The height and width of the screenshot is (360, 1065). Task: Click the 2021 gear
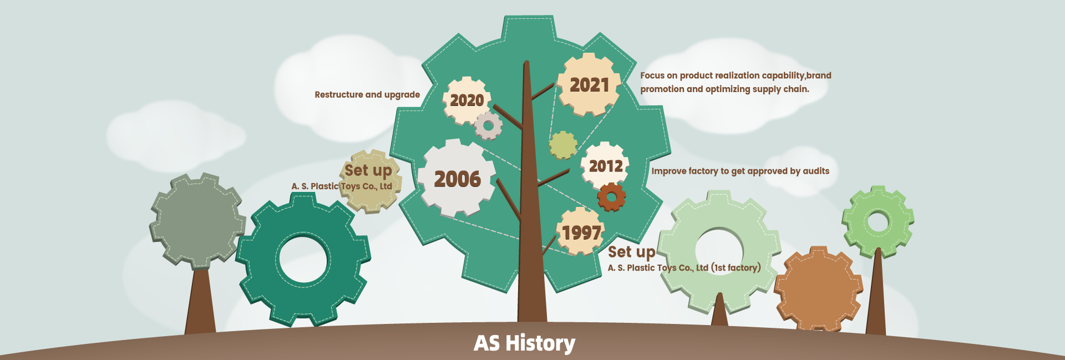point(589,84)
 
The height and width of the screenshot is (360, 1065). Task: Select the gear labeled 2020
point(466,100)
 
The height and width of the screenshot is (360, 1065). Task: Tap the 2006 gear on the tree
point(457,178)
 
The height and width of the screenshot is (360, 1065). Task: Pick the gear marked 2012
point(605,165)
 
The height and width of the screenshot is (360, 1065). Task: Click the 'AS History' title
point(524,343)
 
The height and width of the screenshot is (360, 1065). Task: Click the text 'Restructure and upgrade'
point(367,95)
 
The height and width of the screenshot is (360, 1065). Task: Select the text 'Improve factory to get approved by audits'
point(740,171)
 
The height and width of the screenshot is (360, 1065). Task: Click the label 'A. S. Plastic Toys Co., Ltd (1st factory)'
point(684,268)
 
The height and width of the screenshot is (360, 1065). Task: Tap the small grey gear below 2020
point(488,126)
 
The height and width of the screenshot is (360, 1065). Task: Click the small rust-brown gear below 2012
point(611,197)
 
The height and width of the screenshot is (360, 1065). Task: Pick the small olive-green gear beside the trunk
point(563,145)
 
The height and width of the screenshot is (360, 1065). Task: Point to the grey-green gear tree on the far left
point(197,221)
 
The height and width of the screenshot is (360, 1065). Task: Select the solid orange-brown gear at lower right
point(818,289)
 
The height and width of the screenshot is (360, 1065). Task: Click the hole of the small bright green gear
point(878,221)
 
